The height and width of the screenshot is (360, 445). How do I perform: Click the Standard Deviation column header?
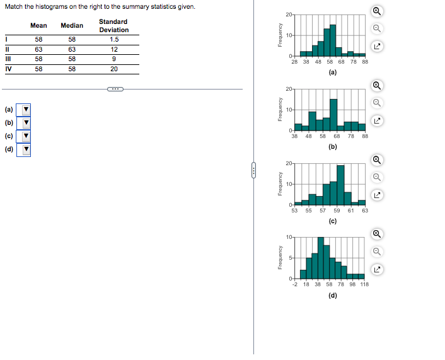click(x=113, y=26)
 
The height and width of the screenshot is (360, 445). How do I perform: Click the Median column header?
click(x=72, y=26)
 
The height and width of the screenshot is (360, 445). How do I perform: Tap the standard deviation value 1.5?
click(x=113, y=39)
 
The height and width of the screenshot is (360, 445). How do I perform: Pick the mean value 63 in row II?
click(x=38, y=49)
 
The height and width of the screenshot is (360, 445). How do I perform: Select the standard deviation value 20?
click(x=113, y=69)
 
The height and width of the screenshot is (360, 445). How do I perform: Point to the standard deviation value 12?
click(x=113, y=49)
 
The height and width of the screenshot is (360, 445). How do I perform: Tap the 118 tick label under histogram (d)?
click(x=364, y=285)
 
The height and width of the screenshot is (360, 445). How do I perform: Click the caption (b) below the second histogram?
click(x=333, y=147)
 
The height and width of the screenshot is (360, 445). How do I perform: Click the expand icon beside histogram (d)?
click(x=377, y=270)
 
